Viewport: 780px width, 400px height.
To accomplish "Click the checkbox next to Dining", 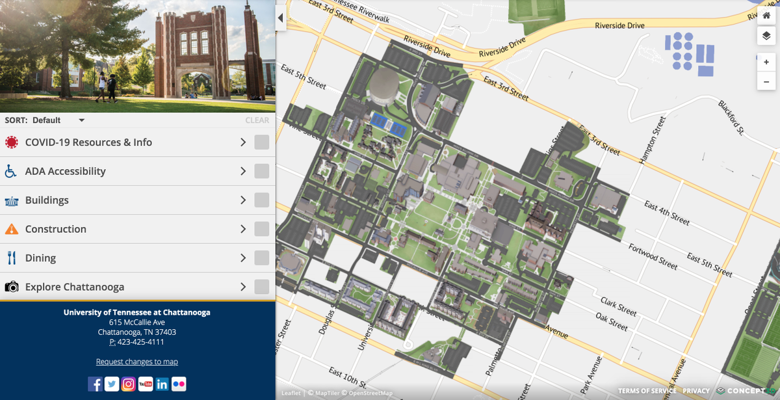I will click(x=261, y=258).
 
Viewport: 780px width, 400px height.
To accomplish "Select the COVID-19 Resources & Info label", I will click(x=88, y=142).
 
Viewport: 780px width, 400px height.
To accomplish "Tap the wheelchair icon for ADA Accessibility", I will click(x=11, y=172).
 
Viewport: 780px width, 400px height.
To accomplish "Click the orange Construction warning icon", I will click(x=11, y=229).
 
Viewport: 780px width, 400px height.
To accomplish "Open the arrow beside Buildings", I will click(x=243, y=200).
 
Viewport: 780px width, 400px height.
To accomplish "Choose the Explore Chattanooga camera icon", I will click(x=11, y=287).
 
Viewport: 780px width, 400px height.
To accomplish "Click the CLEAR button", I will click(x=257, y=120).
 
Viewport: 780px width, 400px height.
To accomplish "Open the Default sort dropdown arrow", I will click(x=81, y=120).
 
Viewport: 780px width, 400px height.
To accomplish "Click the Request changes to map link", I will click(x=136, y=362).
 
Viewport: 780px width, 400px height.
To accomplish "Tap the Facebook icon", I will click(x=95, y=384).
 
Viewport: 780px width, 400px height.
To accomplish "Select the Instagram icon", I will click(x=129, y=384).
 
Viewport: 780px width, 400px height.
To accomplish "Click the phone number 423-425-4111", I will click(x=140, y=342).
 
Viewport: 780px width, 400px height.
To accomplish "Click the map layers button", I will click(x=766, y=36).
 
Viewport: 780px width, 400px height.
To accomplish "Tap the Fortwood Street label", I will click(x=653, y=256).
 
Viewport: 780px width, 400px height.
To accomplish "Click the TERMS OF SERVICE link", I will click(x=647, y=391).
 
